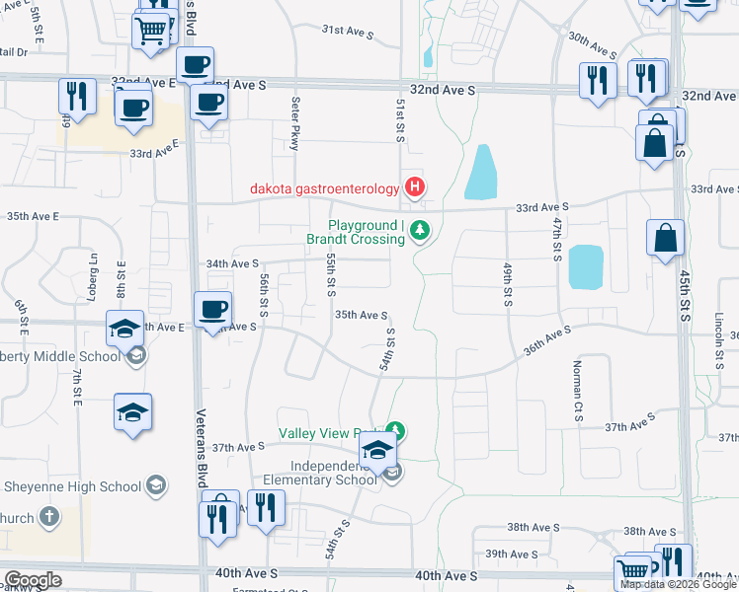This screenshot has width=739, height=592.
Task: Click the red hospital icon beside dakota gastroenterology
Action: coord(415,186)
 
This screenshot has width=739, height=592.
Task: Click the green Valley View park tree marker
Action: coord(395,430)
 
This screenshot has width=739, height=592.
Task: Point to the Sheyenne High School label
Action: coord(73,485)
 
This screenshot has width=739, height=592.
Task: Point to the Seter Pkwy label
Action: coord(294,122)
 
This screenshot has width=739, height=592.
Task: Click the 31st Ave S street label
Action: coord(347,32)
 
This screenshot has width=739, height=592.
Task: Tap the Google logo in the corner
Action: coord(33,580)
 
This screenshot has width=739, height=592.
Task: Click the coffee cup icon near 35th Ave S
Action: coord(213,312)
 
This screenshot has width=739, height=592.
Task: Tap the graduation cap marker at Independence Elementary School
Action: coord(376,451)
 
